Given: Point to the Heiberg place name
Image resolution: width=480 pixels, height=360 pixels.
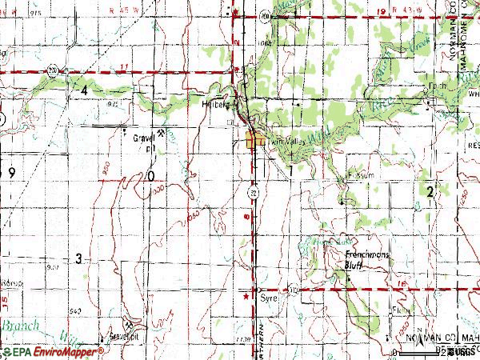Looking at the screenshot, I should [x=215, y=104].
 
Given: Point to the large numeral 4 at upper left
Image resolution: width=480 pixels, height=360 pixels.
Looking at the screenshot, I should [x=83, y=90].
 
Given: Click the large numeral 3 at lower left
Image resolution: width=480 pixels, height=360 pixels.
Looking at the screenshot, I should [x=78, y=258].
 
